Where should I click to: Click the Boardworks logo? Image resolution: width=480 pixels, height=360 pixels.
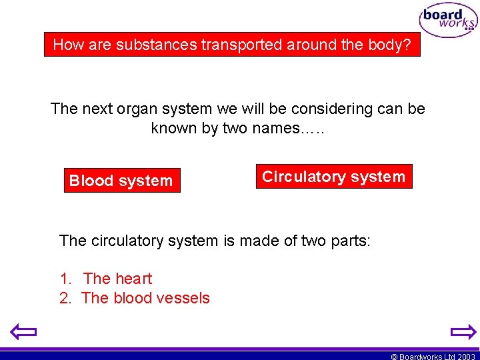point(448,21)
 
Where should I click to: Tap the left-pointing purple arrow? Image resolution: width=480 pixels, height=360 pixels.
point(23,331)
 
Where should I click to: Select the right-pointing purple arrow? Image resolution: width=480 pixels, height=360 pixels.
point(463,331)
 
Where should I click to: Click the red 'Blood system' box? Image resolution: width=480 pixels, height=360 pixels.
point(121,181)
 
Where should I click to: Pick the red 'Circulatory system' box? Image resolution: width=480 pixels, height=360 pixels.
point(333,177)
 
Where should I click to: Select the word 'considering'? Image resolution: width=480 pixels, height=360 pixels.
point(323,109)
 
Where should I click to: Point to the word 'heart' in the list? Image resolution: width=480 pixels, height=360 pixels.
point(133,279)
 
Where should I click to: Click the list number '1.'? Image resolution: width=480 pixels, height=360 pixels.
point(65,279)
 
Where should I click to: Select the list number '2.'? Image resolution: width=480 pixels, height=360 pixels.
point(65,298)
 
